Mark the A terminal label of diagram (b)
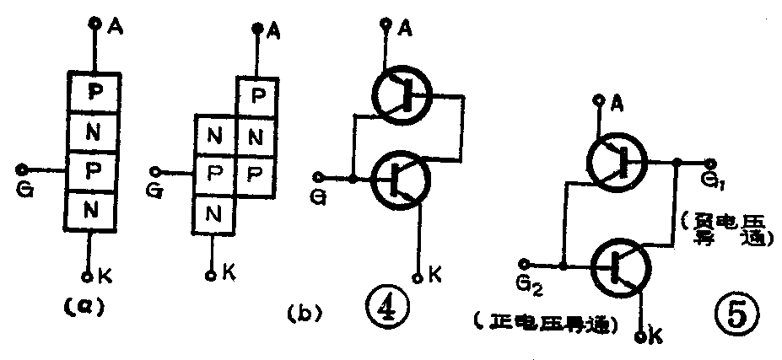[273, 33]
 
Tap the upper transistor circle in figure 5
[619, 162]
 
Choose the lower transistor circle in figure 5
[622, 266]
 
